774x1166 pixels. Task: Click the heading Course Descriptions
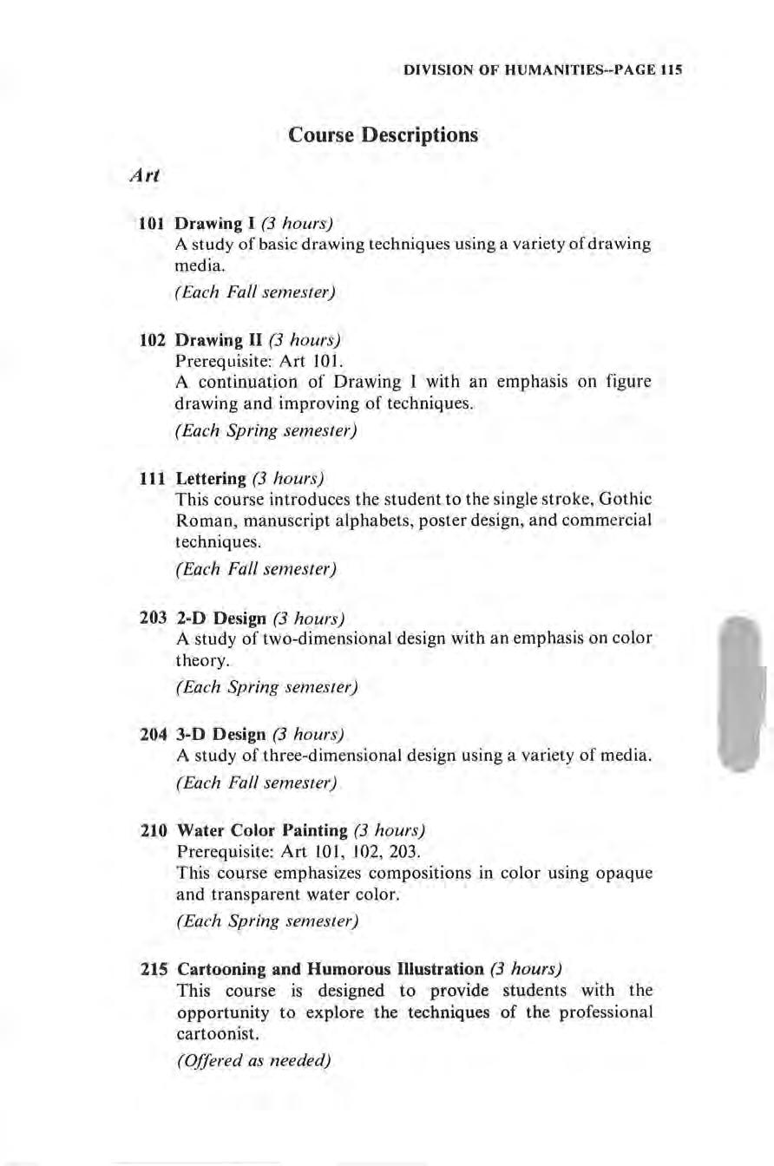coord(383,136)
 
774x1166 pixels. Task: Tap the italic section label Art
coord(141,174)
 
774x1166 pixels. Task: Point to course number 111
coord(154,478)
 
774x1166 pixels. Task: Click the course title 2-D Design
coord(220,618)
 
